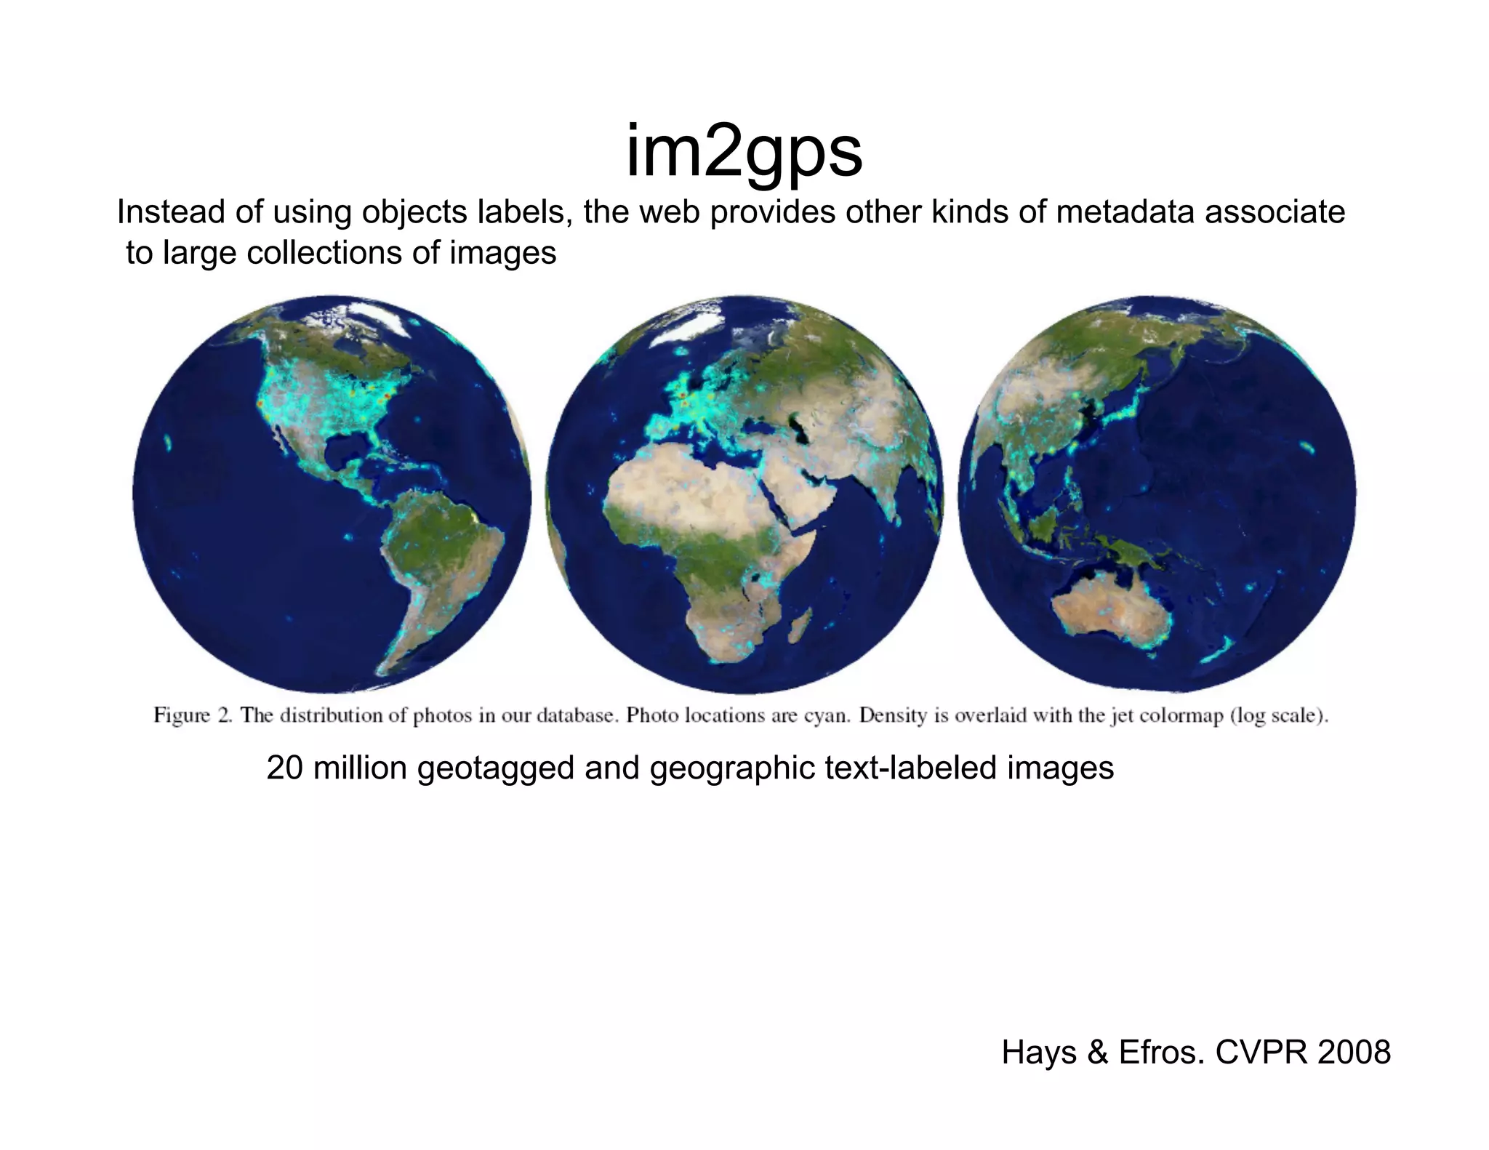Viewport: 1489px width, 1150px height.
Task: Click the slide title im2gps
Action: point(744,152)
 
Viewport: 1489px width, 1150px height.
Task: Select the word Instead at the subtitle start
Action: point(164,212)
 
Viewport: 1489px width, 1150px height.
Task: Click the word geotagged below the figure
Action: point(497,769)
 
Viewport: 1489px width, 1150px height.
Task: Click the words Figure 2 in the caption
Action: point(193,715)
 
